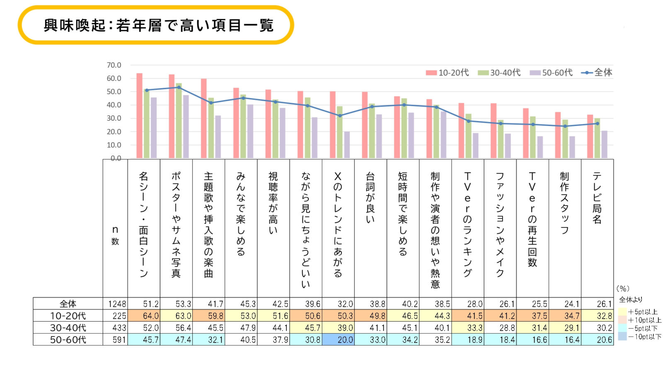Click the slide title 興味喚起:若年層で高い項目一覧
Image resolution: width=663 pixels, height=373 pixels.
click(x=158, y=26)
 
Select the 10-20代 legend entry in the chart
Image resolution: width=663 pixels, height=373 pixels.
click(x=448, y=73)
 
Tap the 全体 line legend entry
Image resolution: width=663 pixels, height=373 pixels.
click(x=597, y=73)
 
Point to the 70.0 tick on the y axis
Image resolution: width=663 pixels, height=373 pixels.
click(x=114, y=65)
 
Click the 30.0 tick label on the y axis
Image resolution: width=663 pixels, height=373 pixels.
click(x=114, y=118)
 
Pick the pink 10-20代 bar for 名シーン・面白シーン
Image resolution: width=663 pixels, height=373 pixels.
click(x=139, y=116)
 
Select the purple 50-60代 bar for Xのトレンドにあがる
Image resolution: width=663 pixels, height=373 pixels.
click(x=347, y=145)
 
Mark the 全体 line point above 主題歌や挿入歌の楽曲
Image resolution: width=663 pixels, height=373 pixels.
click(x=211, y=103)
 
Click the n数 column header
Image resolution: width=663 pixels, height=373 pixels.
click(x=115, y=235)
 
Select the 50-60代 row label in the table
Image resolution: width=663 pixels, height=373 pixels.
click(x=68, y=340)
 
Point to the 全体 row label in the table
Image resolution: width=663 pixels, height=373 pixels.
click(x=68, y=304)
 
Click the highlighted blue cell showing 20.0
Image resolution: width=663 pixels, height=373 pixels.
click(x=339, y=340)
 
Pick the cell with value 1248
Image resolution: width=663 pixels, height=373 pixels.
click(x=117, y=304)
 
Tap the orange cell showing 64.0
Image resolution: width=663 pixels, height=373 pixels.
click(x=144, y=316)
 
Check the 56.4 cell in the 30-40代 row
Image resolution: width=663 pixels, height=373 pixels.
click(x=177, y=328)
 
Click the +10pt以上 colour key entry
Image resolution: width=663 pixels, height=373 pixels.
click(x=640, y=320)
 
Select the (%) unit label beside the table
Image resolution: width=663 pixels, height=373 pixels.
click(x=623, y=288)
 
